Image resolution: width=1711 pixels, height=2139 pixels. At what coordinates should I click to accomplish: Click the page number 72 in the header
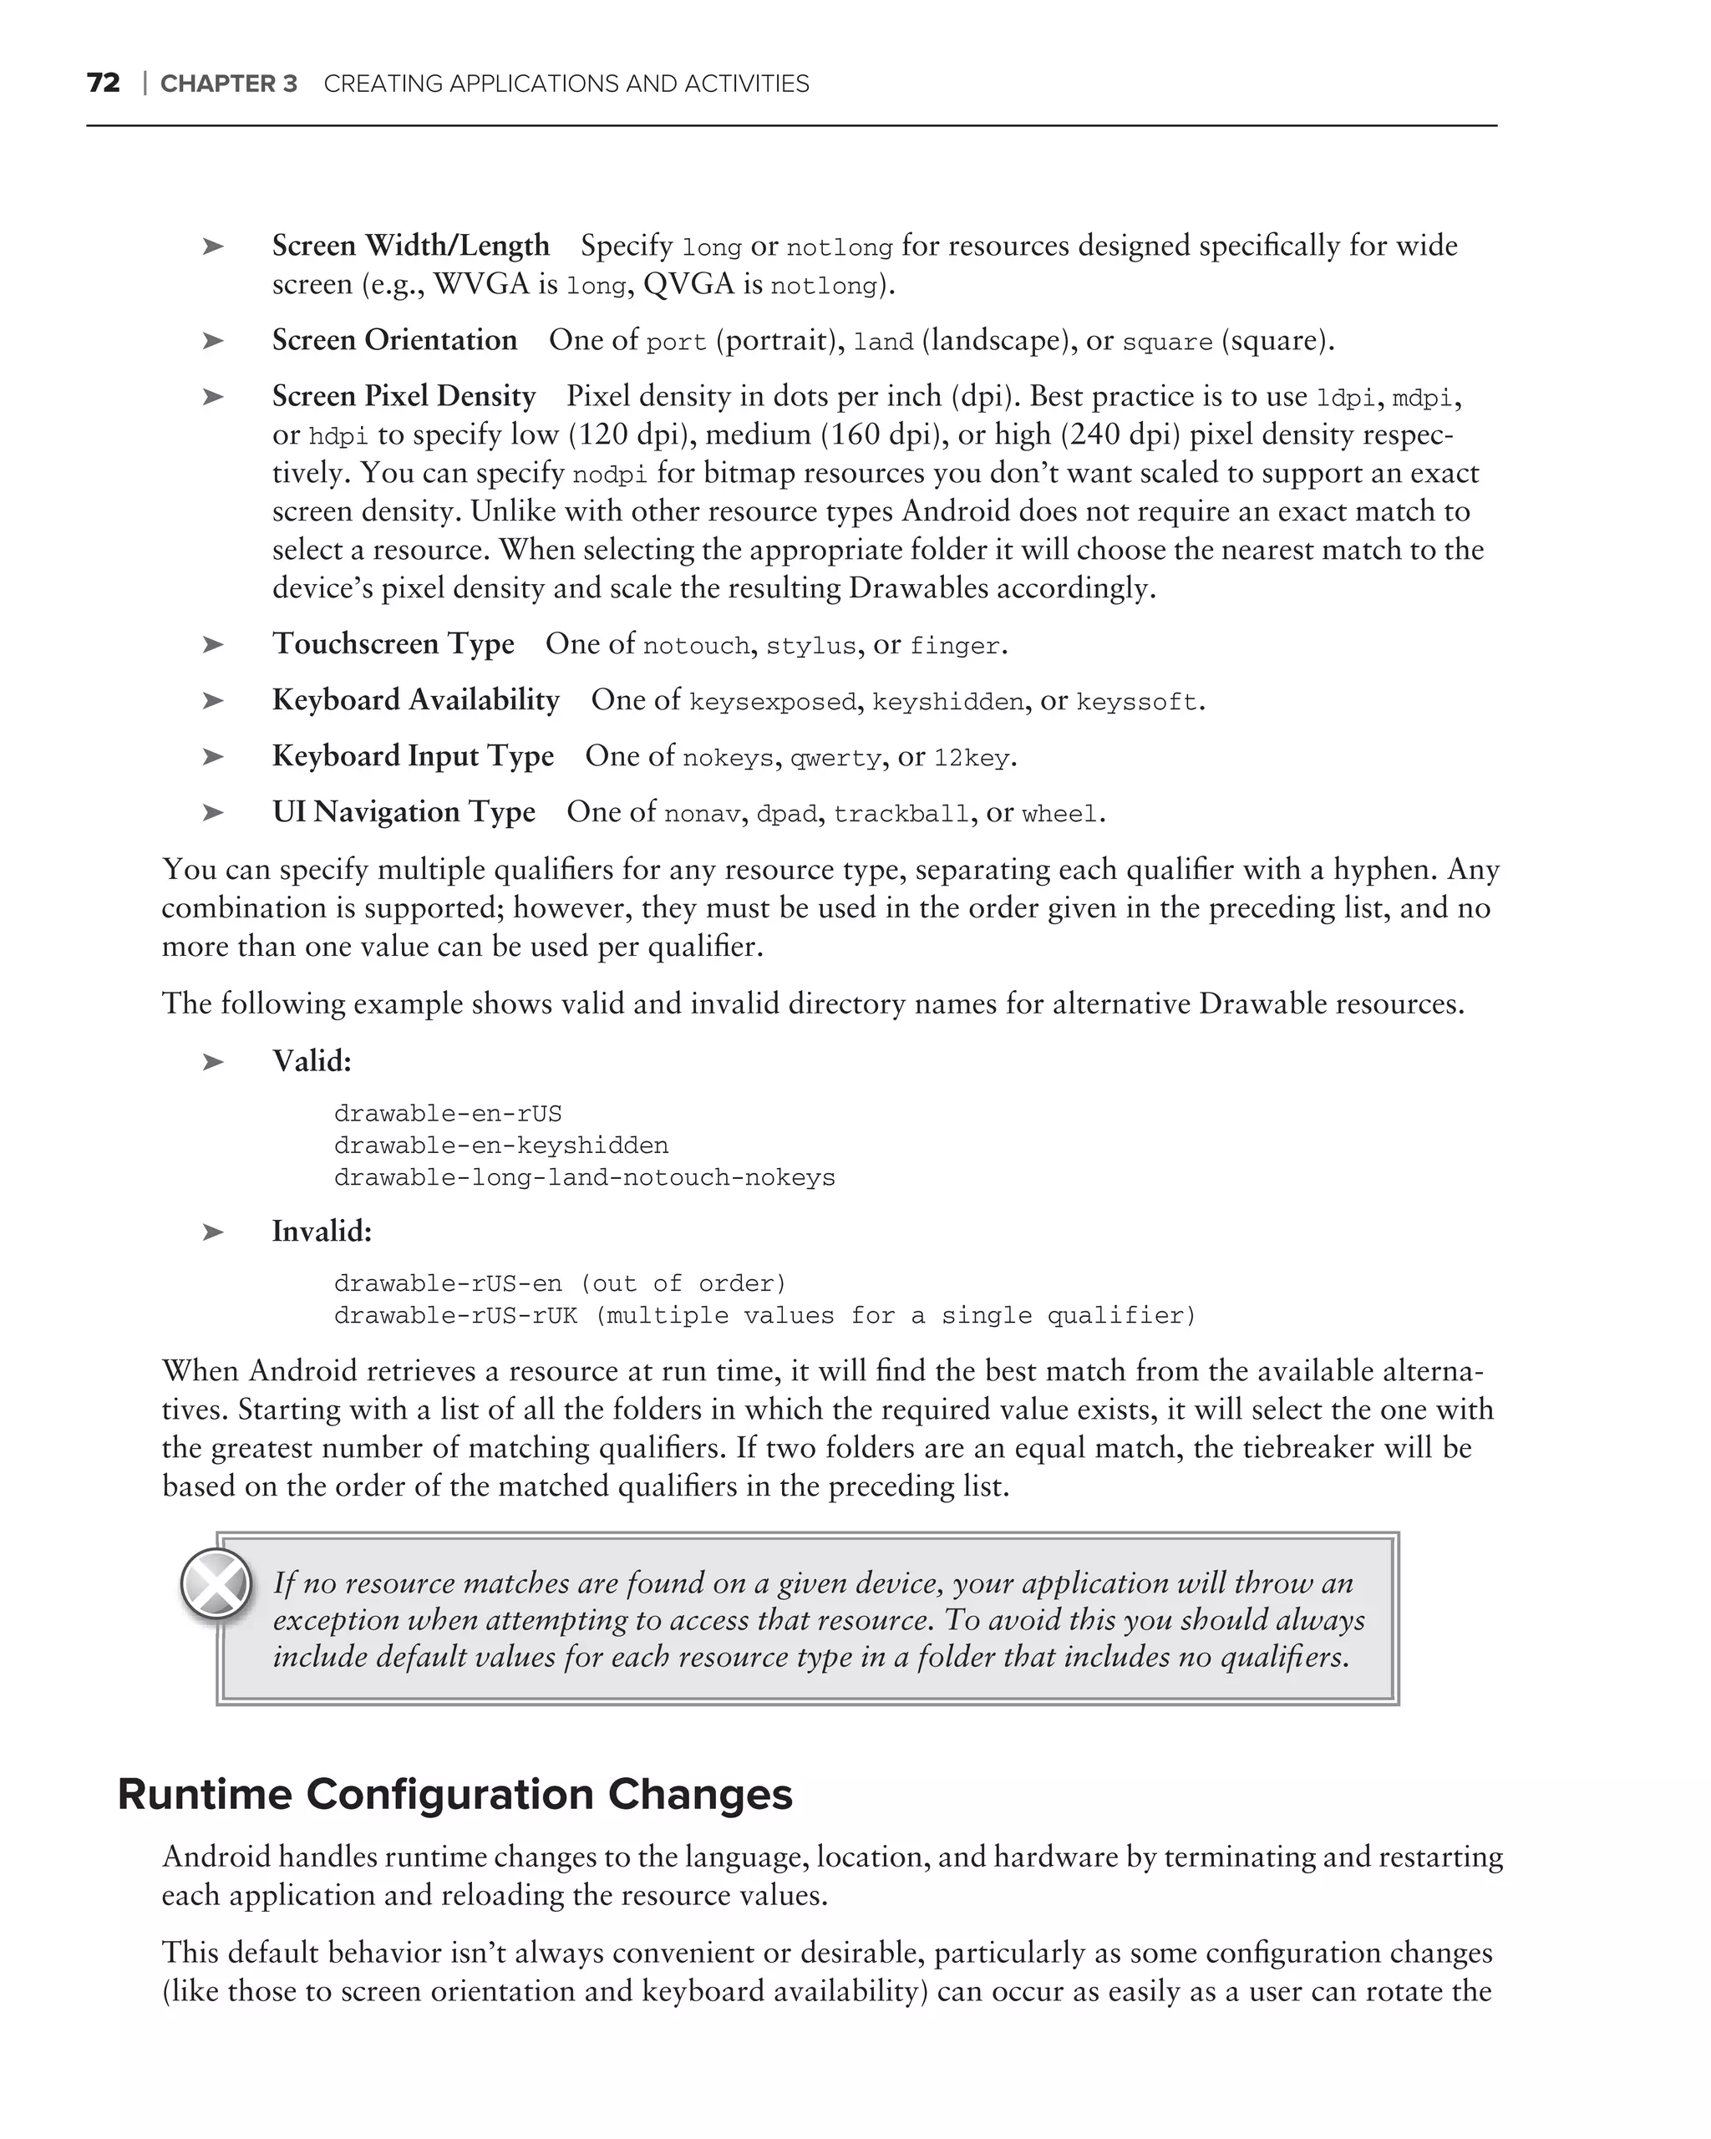103,84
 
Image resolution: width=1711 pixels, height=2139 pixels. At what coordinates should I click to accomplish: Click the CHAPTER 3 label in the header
228,84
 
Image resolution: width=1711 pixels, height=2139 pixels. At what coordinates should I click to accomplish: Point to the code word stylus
810,646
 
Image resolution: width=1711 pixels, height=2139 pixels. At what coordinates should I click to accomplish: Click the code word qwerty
835,758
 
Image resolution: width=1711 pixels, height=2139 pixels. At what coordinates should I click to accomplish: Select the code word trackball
901,815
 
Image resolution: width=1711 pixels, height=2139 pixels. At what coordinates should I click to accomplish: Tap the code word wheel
1059,815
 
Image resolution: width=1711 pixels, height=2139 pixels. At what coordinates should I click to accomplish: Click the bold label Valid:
312,1062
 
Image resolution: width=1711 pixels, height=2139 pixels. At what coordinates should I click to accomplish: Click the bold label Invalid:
322,1232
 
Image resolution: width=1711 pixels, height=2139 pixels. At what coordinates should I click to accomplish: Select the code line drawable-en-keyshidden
501,1146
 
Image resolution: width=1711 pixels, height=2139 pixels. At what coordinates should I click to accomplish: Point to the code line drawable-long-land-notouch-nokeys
584,1177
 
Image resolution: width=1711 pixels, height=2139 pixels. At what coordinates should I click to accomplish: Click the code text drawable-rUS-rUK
455,1315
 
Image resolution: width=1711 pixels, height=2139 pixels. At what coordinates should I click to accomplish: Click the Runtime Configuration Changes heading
454,1795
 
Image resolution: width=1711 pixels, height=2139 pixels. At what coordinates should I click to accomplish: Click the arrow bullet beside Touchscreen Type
212,645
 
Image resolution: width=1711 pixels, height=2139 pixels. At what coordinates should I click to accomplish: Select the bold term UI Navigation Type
403,812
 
